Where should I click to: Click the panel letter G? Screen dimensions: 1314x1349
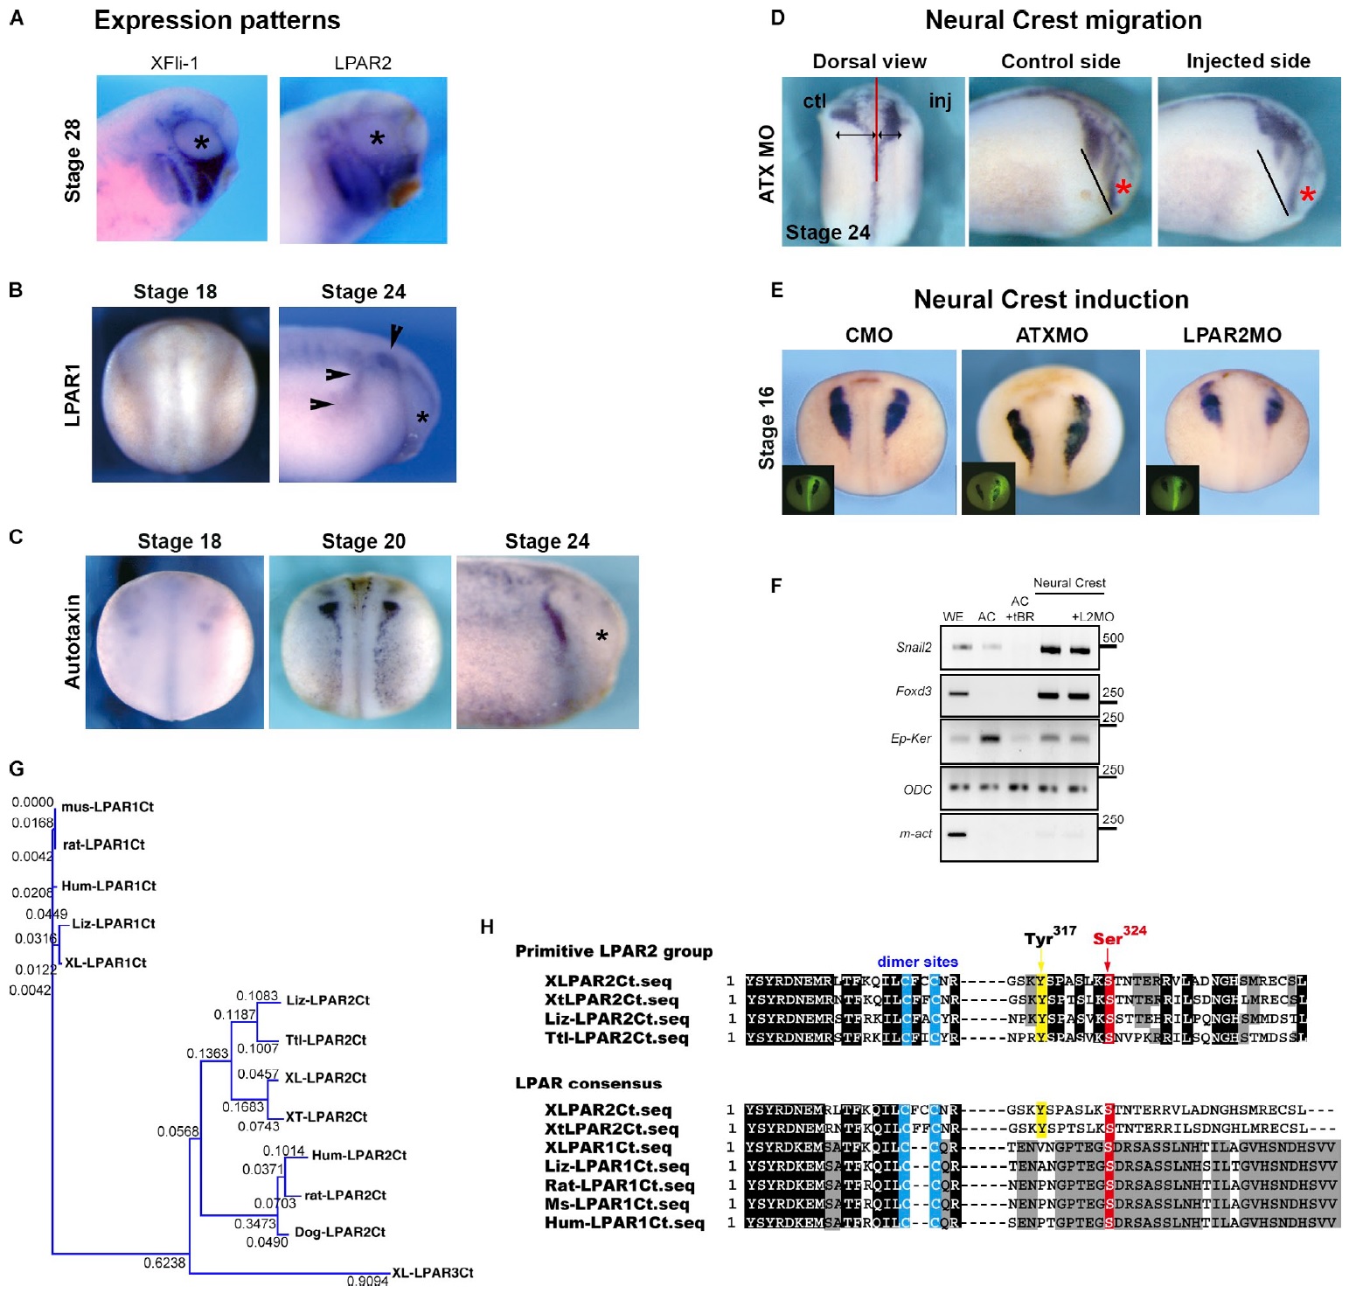tap(17, 769)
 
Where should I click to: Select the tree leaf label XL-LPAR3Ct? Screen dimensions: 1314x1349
tap(432, 1273)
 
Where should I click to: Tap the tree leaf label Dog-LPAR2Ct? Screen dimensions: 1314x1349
tap(339, 1232)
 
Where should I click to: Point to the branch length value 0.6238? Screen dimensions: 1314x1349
tap(164, 1262)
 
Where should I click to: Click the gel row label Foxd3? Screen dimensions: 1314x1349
tap(913, 692)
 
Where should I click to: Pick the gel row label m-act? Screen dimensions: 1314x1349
tap(914, 834)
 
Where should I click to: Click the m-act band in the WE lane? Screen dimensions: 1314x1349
tap(956, 834)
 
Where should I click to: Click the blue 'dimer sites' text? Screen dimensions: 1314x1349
tap(917, 962)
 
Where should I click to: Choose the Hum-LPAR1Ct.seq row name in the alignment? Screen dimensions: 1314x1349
tap(624, 1223)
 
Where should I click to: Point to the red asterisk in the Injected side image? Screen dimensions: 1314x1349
tap(1307, 195)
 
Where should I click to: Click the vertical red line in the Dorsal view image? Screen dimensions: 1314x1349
tap(876, 131)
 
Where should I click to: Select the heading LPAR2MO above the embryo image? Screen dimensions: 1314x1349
tap(1232, 336)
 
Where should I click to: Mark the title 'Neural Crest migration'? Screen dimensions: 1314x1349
tap(1062, 20)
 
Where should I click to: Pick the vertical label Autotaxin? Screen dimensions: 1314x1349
tap(73, 641)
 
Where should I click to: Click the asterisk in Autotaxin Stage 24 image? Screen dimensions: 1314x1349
tap(601, 637)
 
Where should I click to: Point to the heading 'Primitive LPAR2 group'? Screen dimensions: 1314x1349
tap(614, 951)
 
